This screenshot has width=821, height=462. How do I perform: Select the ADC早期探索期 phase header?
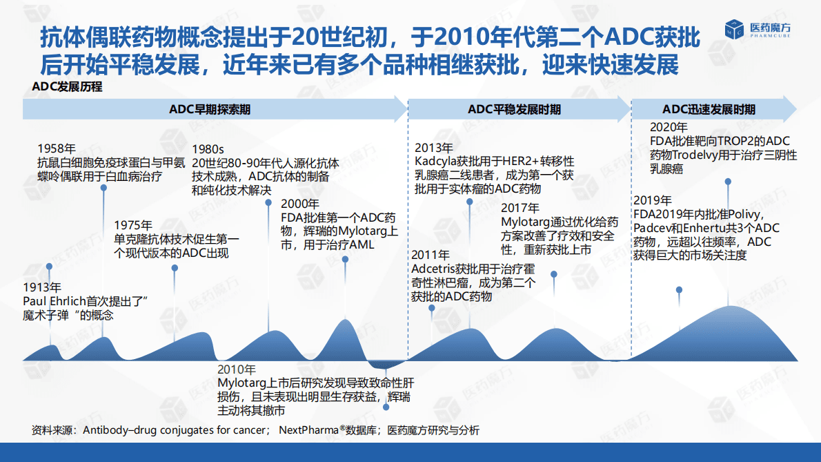[210, 110]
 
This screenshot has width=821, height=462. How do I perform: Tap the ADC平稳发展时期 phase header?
[514, 110]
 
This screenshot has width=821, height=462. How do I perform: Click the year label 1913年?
[42, 287]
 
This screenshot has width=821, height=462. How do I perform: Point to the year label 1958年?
[57, 148]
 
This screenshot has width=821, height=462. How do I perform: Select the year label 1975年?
[133, 225]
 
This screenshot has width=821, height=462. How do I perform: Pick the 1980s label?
[208, 148]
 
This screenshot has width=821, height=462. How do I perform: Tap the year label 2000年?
[300, 204]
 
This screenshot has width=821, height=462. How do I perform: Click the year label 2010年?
[237, 369]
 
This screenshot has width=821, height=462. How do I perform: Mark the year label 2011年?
[431, 255]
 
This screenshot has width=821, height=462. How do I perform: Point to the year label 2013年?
[434, 148]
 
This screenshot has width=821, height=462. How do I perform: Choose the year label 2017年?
[520, 208]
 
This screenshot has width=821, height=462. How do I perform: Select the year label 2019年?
[652, 200]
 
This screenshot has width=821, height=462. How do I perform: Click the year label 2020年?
[669, 127]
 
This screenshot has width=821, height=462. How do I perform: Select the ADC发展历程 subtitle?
[67, 87]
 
